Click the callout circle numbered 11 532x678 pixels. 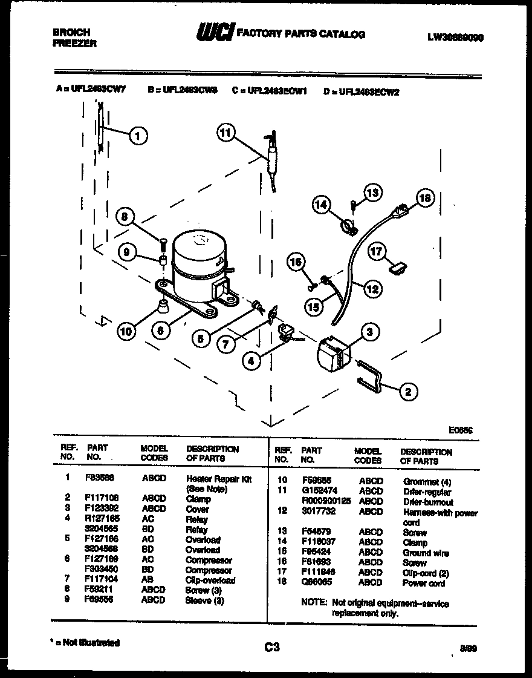pos(225,133)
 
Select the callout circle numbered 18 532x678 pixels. pos(426,198)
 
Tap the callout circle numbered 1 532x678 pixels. pos(138,136)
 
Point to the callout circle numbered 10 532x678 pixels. pos(126,331)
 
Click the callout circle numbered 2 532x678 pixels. pos(407,392)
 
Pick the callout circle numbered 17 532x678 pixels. pos(377,251)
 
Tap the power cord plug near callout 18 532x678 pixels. pos(399,211)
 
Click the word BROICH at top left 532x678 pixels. pos(72,32)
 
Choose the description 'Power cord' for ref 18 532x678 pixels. pos(423,583)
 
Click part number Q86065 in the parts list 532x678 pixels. pos(314,582)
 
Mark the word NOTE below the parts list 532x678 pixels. pos(314,603)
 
